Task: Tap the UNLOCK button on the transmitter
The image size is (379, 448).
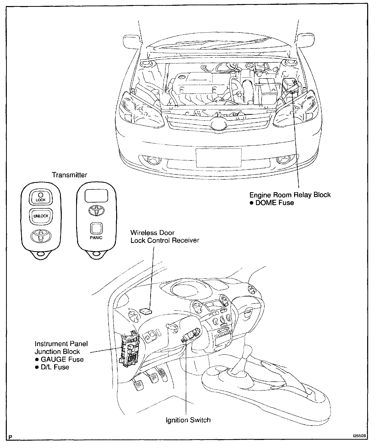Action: point(41,216)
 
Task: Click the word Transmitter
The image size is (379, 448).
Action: point(69,175)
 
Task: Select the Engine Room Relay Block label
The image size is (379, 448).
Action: point(290,195)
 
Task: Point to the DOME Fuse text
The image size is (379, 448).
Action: point(274,203)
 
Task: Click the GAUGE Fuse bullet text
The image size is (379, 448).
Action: point(62,359)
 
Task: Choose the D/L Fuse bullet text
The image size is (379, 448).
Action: point(55,367)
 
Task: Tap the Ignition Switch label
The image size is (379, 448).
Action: point(188,420)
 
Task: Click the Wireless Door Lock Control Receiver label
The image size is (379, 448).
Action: point(165,236)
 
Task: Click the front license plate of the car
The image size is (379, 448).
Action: point(218,158)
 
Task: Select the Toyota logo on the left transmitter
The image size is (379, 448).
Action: point(41,235)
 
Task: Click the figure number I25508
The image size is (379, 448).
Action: point(360,436)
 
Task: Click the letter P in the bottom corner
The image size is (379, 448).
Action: point(10,437)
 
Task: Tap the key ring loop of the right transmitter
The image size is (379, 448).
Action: point(96,254)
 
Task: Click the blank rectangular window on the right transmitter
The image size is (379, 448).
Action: point(96,196)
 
